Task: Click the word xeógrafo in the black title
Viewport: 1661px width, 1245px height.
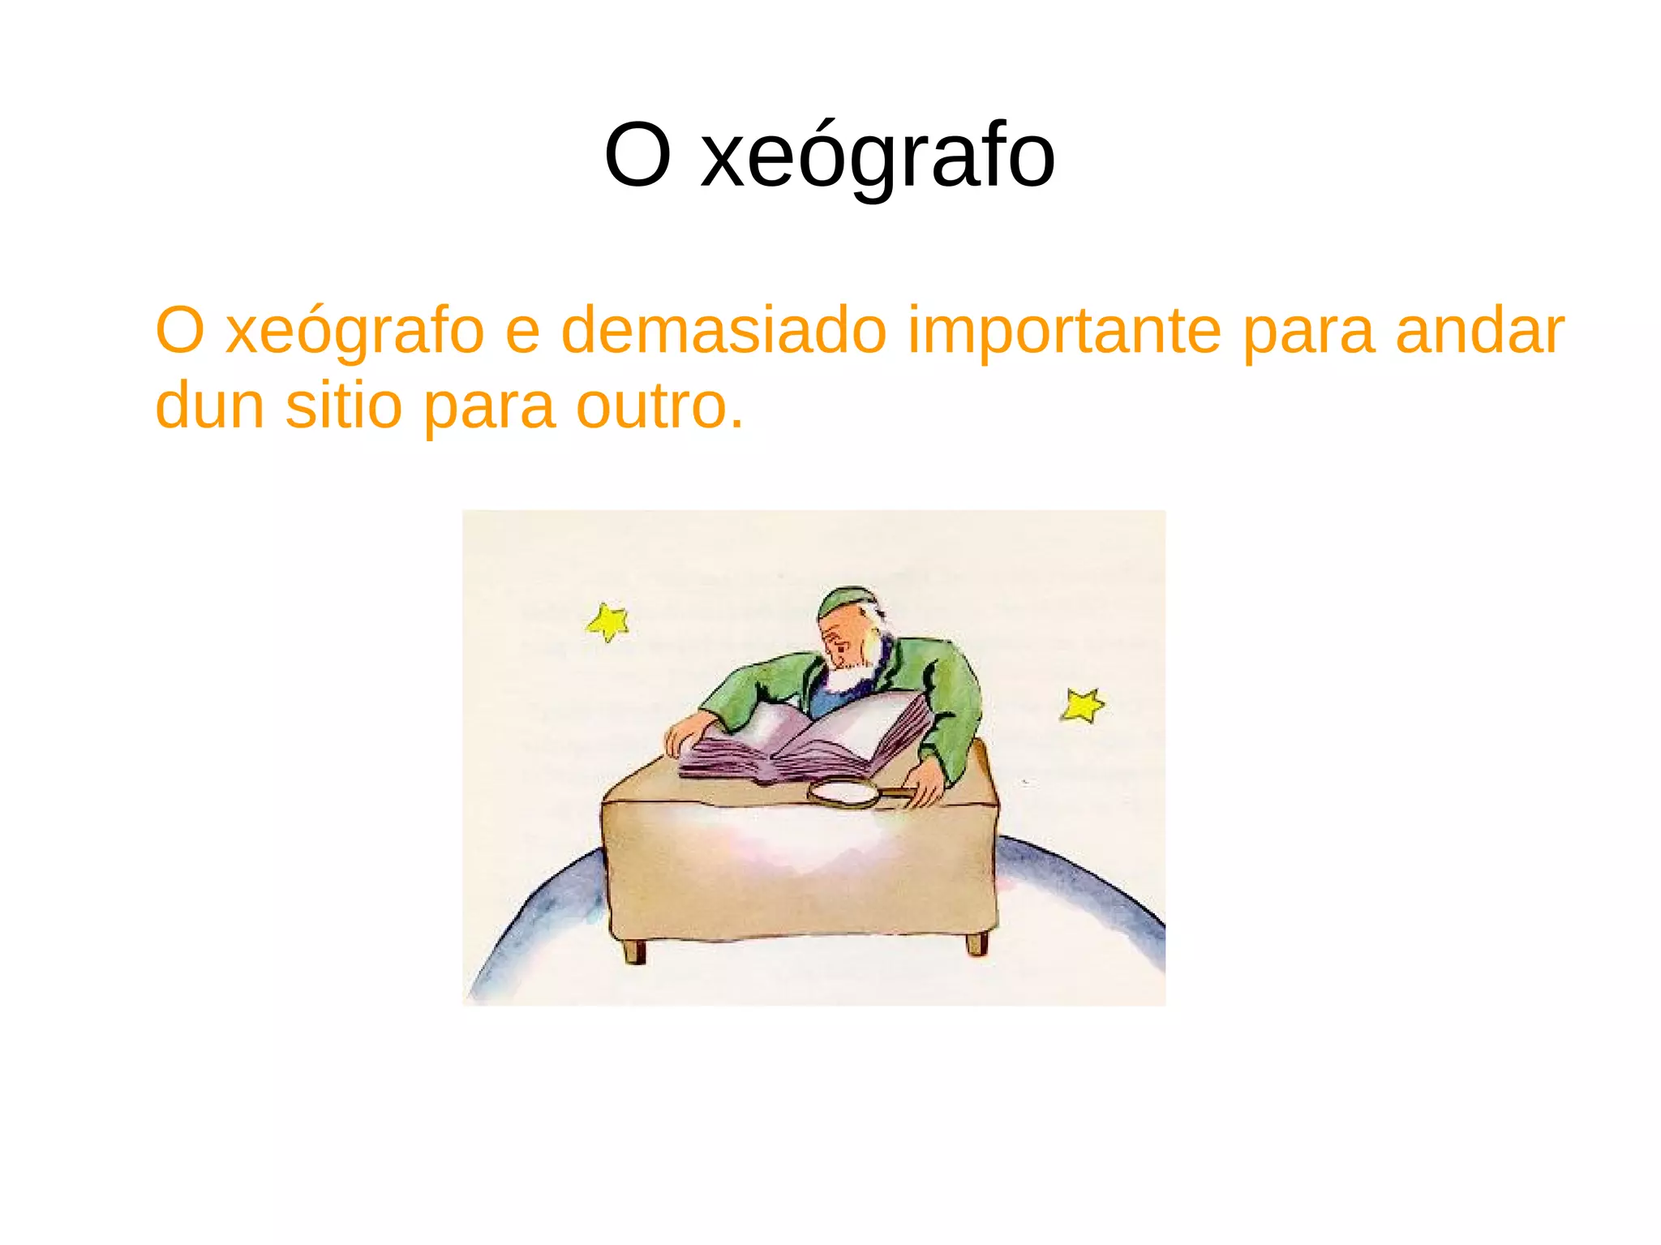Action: pos(878,156)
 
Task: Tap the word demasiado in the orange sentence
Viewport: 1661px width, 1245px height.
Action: pos(723,331)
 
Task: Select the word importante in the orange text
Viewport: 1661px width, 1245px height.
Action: pos(1064,331)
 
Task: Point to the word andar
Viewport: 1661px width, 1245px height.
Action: pos(1479,331)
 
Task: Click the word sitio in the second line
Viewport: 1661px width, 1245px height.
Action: pos(344,406)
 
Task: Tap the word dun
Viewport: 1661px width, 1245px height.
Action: pos(209,406)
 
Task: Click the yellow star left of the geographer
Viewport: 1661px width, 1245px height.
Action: pos(608,622)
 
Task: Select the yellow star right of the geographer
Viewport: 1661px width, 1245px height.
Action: pos(1082,705)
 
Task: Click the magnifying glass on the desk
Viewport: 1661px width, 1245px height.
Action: pos(846,793)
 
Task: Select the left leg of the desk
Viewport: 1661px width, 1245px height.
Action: pos(634,951)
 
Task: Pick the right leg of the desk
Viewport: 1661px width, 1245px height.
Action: pos(976,944)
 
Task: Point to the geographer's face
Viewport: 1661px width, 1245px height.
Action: pos(843,641)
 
